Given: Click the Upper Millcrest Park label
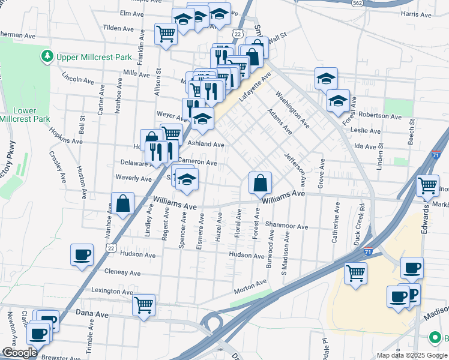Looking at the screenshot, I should tap(94, 57).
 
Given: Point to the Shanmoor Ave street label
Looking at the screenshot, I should tap(287, 227).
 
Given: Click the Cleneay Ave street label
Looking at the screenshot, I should tap(122, 272).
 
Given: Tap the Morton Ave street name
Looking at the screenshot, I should tap(250, 287).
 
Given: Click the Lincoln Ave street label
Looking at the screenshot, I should tap(78, 78).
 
